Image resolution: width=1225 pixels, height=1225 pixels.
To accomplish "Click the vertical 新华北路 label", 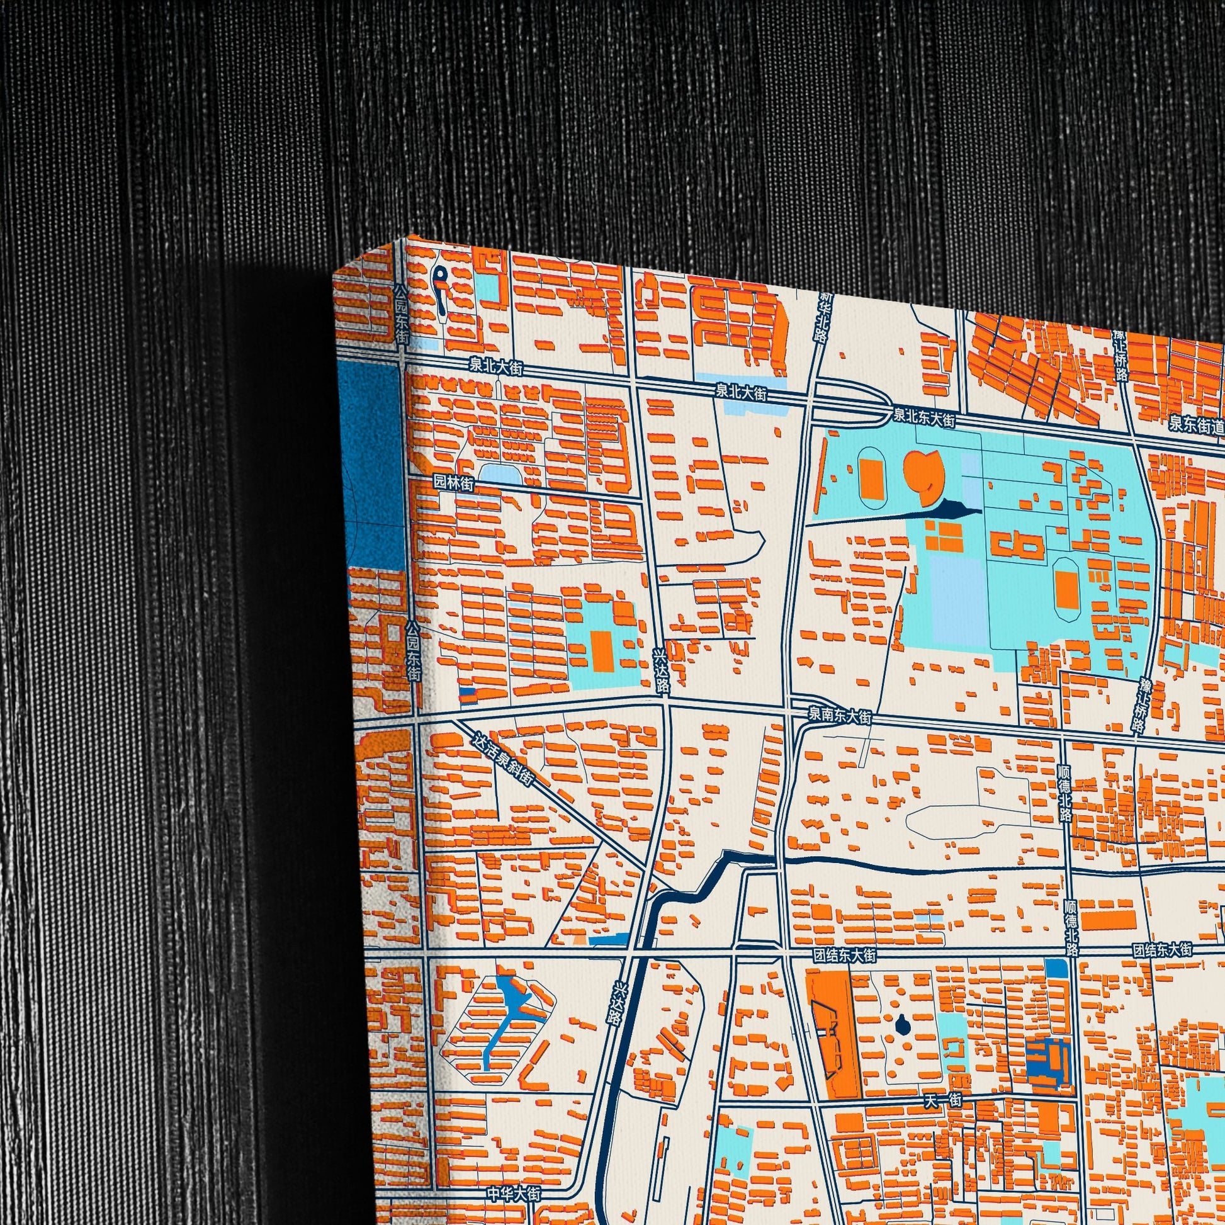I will (x=823, y=317).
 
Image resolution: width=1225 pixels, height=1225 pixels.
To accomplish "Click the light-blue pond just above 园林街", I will (x=499, y=472).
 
